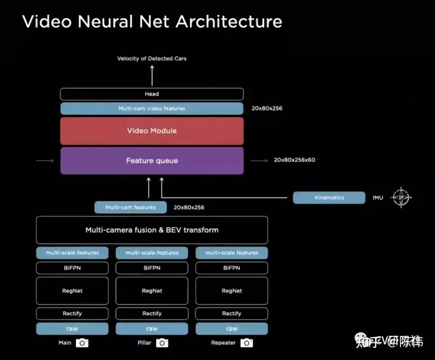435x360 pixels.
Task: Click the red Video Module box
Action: tap(152, 130)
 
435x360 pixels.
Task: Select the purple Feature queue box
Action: tap(152, 161)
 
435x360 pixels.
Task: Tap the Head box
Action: tap(152, 94)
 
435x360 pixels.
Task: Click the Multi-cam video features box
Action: tap(152, 109)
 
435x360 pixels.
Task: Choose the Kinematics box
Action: tap(329, 198)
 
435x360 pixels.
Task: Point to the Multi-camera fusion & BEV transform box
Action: tap(152, 230)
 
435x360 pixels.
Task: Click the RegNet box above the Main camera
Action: tap(72, 291)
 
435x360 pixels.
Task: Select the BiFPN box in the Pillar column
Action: tap(152, 268)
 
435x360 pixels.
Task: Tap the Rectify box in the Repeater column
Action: tap(231, 313)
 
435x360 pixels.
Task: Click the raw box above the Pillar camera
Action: tap(152, 329)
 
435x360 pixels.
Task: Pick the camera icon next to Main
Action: tap(82, 343)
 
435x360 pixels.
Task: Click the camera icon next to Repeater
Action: tap(246, 343)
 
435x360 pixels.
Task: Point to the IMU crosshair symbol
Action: tap(401, 198)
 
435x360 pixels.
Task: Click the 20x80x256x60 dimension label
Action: tap(294, 160)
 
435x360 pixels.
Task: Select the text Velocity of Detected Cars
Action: tap(152, 58)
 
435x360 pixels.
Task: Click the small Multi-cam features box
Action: tap(130, 207)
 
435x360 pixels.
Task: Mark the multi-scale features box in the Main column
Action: tap(72, 252)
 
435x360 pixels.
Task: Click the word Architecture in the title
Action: tap(228, 22)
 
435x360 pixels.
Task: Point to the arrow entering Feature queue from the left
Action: tap(45, 161)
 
